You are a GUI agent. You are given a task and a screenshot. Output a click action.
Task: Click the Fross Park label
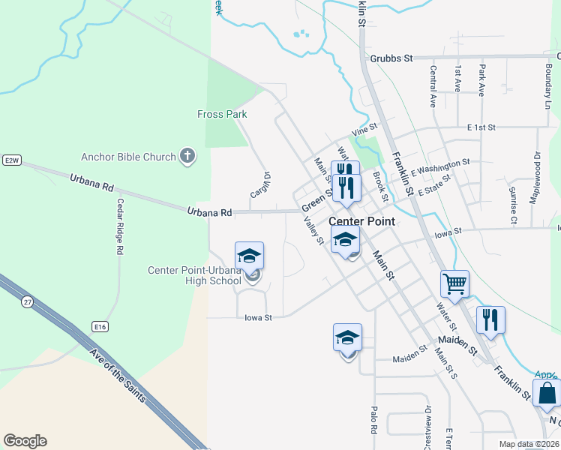222,115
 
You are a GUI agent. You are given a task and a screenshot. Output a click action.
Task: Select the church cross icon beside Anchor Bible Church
187,157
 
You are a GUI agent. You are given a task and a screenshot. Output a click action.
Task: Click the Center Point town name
362,221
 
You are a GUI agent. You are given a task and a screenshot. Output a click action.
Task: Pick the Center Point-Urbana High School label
194,275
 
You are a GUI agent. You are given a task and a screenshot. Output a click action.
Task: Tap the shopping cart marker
454,283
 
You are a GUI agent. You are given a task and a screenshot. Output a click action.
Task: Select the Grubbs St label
391,58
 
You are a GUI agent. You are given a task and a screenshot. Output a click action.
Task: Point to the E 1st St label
481,127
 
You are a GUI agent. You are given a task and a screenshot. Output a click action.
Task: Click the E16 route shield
100,326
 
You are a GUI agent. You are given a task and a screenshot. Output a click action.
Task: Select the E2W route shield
10,160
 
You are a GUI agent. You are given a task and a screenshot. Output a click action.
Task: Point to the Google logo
25,441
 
